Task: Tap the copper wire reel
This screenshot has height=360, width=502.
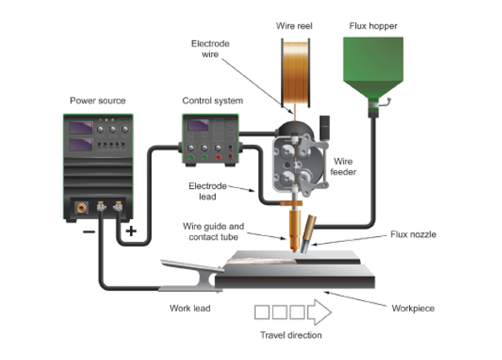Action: point(295,73)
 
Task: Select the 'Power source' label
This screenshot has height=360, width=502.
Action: point(98,101)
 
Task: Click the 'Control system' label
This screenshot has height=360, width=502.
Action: point(213,101)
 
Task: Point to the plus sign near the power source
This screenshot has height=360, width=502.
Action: point(131,231)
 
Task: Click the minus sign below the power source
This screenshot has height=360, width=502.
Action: point(89,232)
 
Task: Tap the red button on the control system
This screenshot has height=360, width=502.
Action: point(218,158)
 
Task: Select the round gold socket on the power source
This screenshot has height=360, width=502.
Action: point(81,207)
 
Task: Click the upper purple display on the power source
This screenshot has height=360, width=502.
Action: point(81,128)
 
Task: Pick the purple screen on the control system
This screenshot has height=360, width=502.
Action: point(198,125)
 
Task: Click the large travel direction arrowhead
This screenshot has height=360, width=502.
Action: point(319,312)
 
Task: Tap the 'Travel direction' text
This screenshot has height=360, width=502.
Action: point(291,335)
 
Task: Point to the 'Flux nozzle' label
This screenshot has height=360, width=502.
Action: point(413,234)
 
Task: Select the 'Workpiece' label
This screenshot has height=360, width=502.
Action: point(413,309)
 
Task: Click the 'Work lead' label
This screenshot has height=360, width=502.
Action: point(190,309)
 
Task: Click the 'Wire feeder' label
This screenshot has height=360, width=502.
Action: point(343,166)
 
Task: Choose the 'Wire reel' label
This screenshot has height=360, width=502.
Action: point(294,26)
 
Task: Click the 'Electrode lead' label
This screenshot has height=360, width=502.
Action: point(208,191)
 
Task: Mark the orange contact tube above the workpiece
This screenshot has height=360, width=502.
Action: point(294,230)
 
